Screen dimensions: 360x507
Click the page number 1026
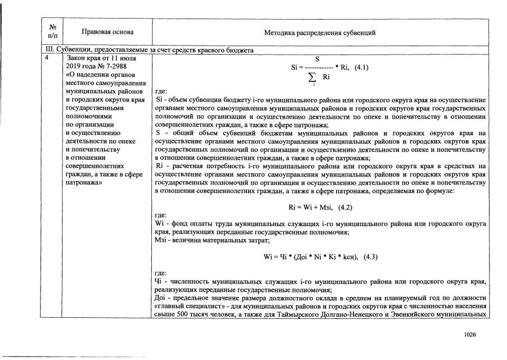click(470, 334)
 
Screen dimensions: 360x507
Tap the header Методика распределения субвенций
click(320, 33)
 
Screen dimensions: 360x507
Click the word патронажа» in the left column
click(84, 183)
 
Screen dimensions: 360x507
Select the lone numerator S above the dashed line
click(317, 58)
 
